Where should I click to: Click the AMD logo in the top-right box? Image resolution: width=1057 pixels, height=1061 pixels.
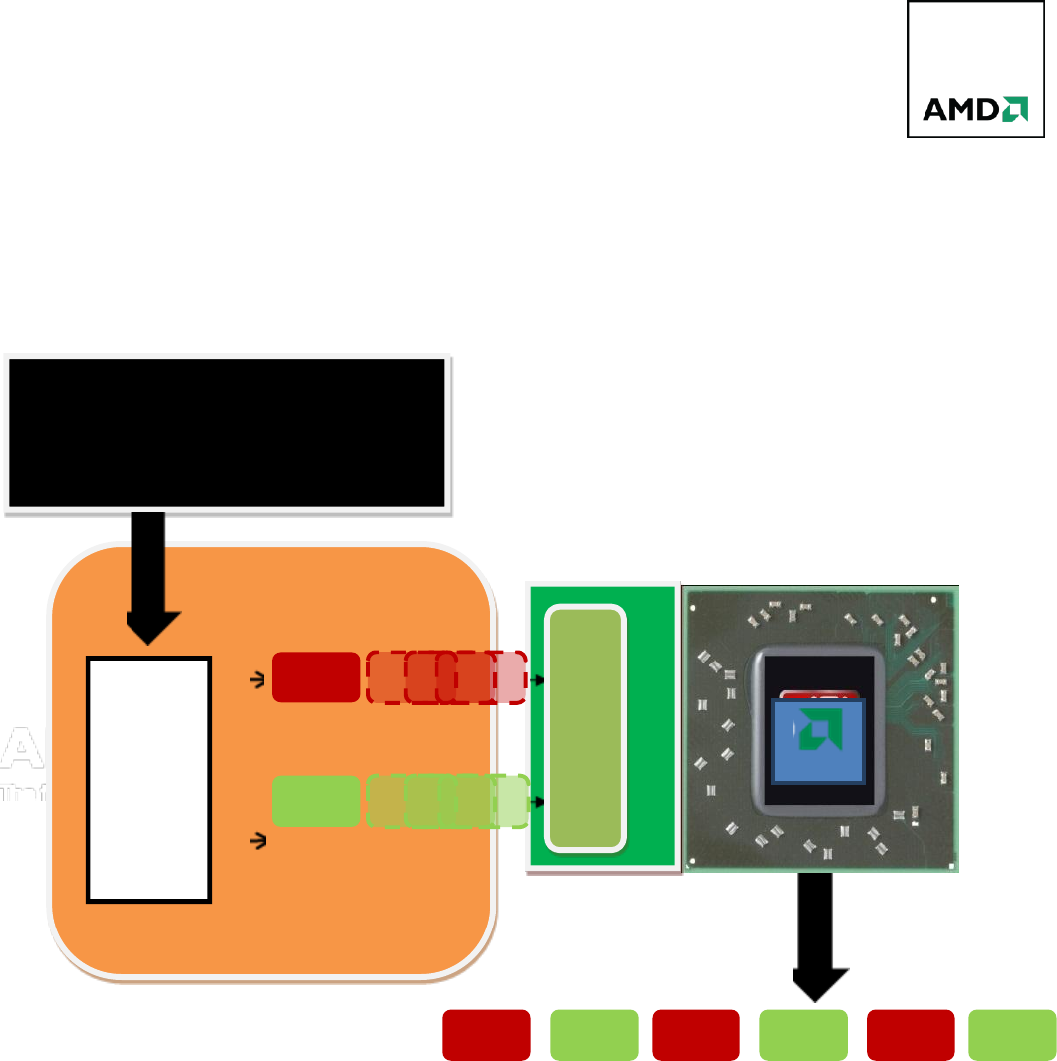974,109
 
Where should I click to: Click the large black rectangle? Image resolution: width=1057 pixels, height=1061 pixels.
227,432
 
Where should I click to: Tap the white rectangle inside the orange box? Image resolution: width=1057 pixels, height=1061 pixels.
149,779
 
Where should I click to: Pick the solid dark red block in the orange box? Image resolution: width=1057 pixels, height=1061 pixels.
315,677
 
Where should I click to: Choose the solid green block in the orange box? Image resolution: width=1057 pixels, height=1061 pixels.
315,801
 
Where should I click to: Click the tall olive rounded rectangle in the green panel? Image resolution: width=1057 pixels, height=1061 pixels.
587,728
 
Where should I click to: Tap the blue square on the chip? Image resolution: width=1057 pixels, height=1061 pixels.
819,740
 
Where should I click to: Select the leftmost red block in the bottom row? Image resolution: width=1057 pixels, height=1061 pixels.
486,1034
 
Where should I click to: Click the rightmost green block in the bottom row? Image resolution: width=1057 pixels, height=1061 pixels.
1012,1034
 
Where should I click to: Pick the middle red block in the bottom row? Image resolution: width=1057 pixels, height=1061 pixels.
695,1034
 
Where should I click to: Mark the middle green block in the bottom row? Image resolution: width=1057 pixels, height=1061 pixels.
803,1034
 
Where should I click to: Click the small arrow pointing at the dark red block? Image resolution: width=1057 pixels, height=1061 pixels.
257,680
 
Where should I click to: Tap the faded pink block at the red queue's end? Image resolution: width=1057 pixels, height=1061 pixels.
511,677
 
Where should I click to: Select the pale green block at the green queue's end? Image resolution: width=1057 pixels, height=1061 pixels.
511,801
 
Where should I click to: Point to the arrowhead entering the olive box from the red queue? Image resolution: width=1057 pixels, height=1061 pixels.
540,680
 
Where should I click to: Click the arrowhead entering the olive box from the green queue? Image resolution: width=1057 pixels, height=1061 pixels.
540,801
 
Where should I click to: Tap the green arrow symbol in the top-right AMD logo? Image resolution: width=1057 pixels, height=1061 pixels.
1015,108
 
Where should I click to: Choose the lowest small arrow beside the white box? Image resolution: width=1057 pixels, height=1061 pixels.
257,842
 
